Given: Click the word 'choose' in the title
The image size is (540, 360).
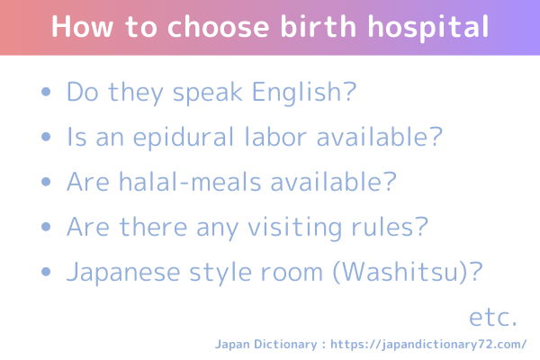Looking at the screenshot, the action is click(218, 26).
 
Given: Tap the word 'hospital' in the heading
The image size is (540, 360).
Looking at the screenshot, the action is click(428, 28).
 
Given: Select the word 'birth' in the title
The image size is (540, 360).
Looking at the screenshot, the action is click(318, 26).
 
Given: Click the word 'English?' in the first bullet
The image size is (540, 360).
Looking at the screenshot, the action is click(304, 93).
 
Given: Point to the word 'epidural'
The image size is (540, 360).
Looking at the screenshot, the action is click(184, 138).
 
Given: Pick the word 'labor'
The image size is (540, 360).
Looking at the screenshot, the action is click(275, 137).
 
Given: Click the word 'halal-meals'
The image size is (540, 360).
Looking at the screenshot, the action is click(190, 181).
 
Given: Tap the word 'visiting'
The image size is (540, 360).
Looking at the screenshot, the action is click(295, 229).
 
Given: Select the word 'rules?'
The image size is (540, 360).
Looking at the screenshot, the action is click(390, 227).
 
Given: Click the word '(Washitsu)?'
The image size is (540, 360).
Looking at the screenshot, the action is click(408, 272).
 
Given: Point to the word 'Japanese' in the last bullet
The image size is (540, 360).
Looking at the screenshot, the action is click(123, 273).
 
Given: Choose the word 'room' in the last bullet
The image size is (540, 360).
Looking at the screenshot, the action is click(292, 273).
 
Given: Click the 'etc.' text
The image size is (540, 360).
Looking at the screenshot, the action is click(493, 317).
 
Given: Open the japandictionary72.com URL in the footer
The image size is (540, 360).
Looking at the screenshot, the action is click(428, 345).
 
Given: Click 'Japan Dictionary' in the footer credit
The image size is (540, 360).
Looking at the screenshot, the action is click(265, 345).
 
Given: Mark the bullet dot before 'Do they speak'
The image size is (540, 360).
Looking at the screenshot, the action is click(46, 92).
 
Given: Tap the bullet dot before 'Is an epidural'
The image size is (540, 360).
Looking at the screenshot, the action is click(46, 137).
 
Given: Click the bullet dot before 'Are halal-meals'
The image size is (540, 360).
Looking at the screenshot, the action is click(46, 182).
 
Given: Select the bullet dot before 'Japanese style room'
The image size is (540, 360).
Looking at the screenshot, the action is click(46, 272).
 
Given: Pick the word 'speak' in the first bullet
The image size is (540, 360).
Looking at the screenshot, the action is click(208, 94).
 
